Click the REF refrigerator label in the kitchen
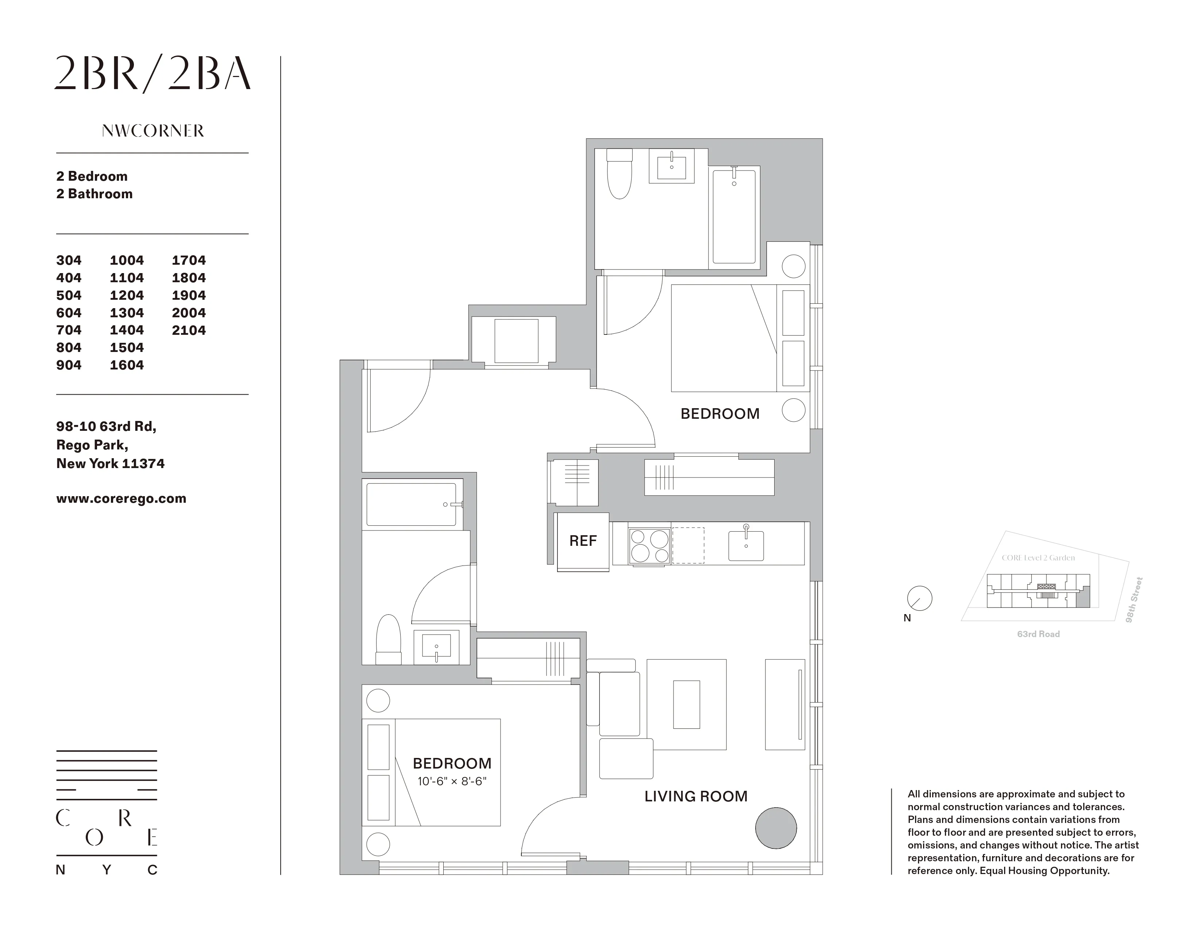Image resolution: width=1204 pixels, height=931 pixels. pos(583,541)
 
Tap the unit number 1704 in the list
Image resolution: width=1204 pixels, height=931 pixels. pos(189,260)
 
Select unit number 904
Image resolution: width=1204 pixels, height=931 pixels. pos(69,365)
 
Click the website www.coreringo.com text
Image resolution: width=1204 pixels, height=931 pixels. pos(121,499)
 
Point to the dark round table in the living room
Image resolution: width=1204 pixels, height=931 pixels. pos(776,828)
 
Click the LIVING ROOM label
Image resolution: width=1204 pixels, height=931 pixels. pos(696,796)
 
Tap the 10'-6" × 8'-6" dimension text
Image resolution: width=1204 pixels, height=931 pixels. pos(452,782)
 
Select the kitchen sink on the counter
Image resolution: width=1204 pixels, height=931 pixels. pos(746,545)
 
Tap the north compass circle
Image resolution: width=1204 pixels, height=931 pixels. pos(919,598)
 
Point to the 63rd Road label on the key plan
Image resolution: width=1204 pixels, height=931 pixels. pos(1038,634)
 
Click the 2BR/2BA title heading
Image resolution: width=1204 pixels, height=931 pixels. pos(153,74)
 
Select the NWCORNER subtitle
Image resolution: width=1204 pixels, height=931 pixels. pos(153,131)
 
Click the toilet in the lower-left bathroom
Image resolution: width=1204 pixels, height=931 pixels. pos(388,640)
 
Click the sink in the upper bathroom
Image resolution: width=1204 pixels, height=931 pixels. pos(671,165)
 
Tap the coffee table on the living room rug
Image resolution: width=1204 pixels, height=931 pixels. pos(686,704)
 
